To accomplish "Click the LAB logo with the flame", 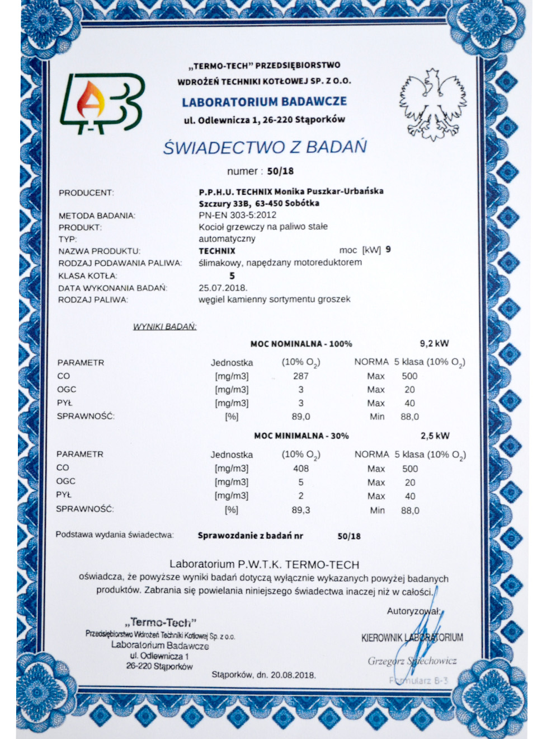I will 102,104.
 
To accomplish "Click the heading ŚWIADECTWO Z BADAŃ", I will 265,147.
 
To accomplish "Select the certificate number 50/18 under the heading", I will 280,171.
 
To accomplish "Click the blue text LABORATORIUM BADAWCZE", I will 264,102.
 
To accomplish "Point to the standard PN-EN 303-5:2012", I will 237,215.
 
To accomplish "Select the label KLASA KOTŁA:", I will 88,276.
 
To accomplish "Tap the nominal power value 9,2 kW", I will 434,344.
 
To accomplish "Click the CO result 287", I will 300,376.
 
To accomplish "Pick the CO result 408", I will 300,469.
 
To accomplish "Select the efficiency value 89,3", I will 300,510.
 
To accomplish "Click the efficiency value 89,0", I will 300,417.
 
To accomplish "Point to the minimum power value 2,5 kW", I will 435,436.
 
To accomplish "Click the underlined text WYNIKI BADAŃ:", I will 164,326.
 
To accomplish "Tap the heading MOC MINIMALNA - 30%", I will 301,436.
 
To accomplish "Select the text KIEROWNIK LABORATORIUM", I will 412,638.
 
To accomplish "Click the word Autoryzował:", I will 414,611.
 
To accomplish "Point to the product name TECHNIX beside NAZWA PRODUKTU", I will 217,251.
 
